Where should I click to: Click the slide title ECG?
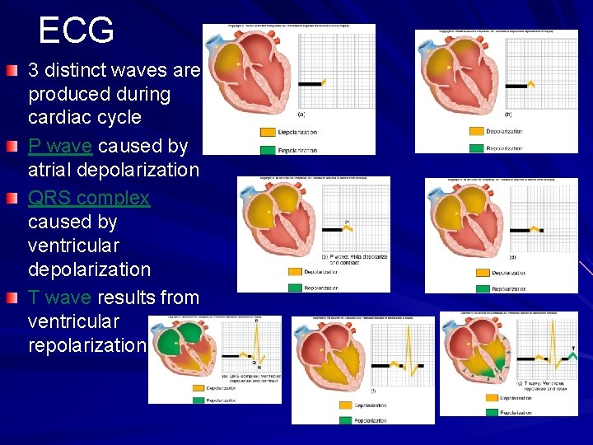click(76, 30)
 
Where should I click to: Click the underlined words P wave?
click(63, 147)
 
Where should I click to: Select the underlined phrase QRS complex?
click(89, 199)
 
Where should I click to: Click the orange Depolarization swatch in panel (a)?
click(268, 132)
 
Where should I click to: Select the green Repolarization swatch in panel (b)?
click(478, 148)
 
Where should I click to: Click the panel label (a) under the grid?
click(301, 115)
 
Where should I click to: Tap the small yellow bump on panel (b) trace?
click(532, 84)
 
